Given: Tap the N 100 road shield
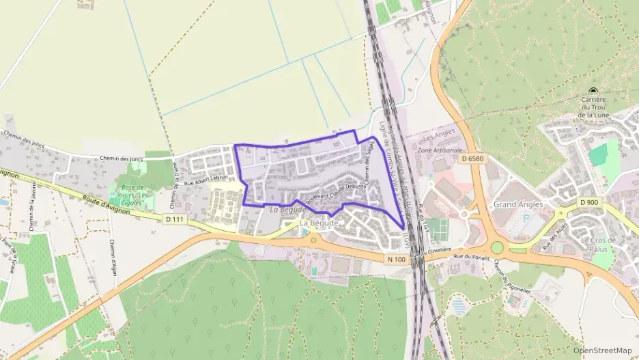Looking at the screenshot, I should [x=397, y=259].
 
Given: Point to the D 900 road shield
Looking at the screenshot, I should [x=588, y=202].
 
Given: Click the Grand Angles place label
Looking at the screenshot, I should [x=518, y=204].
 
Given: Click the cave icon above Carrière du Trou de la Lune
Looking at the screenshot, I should [x=593, y=92].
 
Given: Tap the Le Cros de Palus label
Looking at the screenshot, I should [x=598, y=244].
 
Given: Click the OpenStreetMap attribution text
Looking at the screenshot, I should [x=603, y=350].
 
